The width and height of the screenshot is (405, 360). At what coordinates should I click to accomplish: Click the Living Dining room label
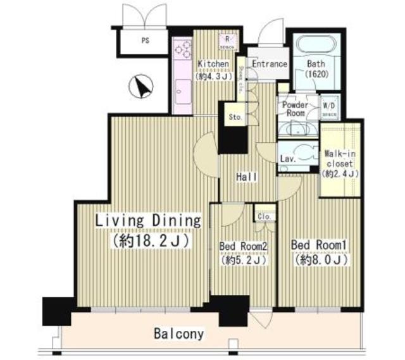tap(149, 221)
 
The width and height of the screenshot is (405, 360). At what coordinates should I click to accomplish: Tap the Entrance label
tap(270, 64)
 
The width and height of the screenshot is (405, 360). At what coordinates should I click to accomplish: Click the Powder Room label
tap(295, 108)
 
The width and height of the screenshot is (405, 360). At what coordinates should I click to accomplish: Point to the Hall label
tap(247, 178)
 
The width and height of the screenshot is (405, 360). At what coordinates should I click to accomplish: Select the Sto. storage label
tap(235, 117)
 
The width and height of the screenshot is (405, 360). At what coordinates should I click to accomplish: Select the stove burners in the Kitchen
tap(182, 49)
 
